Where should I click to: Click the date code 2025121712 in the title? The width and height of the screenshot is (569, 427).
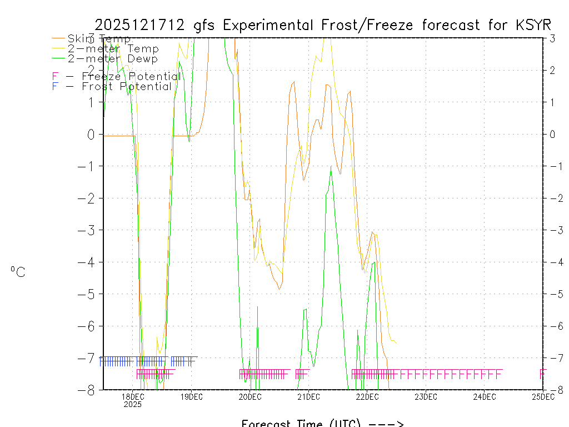[x=142, y=25]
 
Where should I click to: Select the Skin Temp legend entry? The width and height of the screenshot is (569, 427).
[x=99, y=39]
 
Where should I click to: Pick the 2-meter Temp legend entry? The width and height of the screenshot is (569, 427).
[x=113, y=49]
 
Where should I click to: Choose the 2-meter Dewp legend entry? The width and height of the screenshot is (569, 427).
[x=112, y=58]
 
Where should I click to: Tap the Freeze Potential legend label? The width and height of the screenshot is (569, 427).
[x=131, y=77]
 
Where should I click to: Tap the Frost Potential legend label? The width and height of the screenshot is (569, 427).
[x=126, y=87]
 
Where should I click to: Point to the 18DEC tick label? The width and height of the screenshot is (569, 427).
[x=133, y=396]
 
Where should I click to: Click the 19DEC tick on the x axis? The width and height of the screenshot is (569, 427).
[x=192, y=396]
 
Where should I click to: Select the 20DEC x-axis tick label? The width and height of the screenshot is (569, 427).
[x=250, y=396]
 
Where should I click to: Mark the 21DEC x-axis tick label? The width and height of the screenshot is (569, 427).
[x=308, y=396]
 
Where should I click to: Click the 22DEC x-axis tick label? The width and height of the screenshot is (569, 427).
[x=367, y=396]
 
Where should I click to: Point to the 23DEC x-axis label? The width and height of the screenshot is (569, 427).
[x=426, y=396]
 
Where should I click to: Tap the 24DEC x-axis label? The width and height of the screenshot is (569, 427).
[x=485, y=396]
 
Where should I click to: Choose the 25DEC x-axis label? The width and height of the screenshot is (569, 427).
[x=543, y=396]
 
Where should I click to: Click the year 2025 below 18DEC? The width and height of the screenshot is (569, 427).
[x=133, y=405]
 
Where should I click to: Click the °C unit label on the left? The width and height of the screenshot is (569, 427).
[x=18, y=272]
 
